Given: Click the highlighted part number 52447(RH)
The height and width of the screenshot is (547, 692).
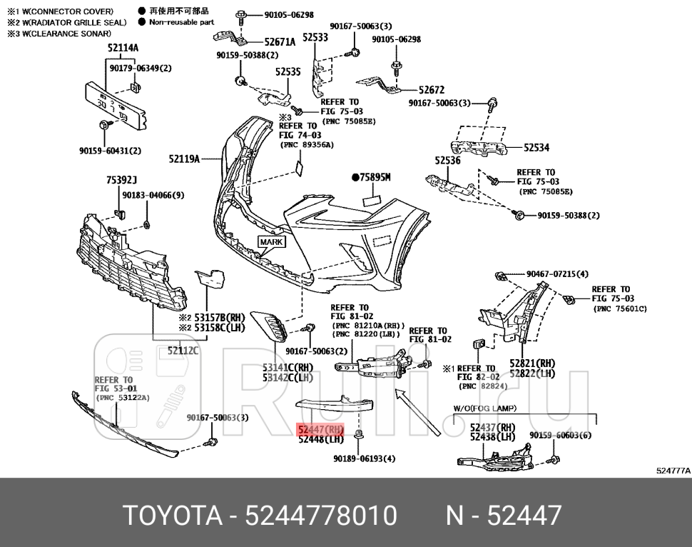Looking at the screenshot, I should click(x=321, y=430).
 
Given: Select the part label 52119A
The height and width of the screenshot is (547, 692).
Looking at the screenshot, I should click(x=184, y=159).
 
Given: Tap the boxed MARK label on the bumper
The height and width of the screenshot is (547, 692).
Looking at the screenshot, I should click(x=271, y=242).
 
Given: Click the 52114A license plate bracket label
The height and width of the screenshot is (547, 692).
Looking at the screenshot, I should click(x=123, y=49).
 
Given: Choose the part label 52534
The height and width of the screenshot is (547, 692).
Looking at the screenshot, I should click(x=536, y=148).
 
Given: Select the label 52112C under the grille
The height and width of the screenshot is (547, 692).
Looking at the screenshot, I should click(x=183, y=351).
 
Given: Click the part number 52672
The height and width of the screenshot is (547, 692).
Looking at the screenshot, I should click(x=431, y=90).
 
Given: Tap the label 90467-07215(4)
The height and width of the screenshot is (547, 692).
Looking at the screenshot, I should click(x=557, y=273).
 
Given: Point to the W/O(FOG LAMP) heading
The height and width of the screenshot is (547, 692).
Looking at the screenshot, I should click(x=484, y=408).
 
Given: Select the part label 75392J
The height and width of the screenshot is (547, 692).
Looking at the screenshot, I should click(x=121, y=181).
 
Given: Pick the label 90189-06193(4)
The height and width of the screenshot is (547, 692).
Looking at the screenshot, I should click(x=364, y=458).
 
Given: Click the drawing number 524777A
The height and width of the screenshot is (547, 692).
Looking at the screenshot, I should click(x=672, y=471).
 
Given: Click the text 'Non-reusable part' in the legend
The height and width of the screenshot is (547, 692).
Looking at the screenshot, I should click(x=181, y=22).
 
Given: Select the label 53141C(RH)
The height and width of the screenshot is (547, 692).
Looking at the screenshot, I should click(x=288, y=368).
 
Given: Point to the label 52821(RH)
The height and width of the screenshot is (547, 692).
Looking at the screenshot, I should click(x=531, y=363).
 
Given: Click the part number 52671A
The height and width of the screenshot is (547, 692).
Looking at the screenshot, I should click(x=279, y=42).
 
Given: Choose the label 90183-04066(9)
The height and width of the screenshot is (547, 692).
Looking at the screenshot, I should click(x=153, y=195).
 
